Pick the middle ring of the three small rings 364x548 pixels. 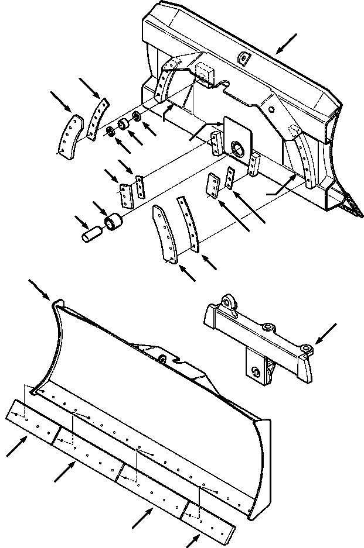[x=123, y=124]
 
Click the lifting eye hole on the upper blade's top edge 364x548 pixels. [x=242, y=56]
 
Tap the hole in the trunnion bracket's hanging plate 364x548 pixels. [x=255, y=371]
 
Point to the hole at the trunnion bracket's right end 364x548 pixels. [x=306, y=349]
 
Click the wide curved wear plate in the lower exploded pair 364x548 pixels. [x=165, y=234]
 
